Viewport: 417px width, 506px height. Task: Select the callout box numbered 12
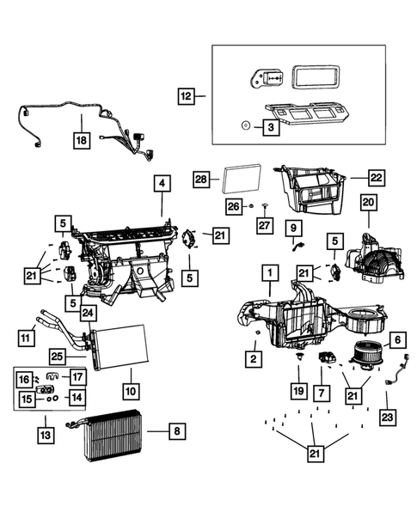(x=187, y=95)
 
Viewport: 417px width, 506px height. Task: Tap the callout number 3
(x=269, y=126)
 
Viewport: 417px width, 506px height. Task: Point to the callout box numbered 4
(x=161, y=183)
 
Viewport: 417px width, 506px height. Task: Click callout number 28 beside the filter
(x=200, y=179)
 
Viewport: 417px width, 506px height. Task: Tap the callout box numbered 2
(x=253, y=356)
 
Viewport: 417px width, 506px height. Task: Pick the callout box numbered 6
(x=397, y=340)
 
